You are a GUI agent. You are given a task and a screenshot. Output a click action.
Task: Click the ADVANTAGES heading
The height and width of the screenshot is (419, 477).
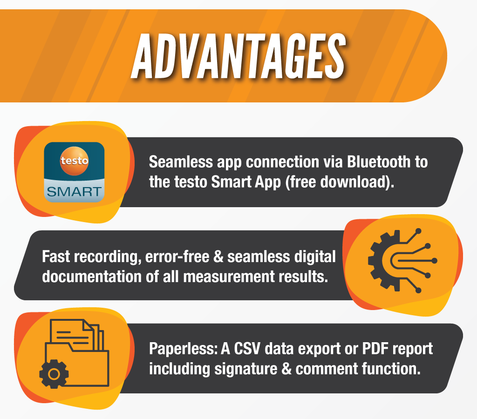239,56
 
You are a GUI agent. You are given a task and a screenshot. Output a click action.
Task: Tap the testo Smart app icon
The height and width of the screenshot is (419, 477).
74,172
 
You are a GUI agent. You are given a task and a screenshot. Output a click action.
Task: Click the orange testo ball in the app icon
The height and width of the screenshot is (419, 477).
74,161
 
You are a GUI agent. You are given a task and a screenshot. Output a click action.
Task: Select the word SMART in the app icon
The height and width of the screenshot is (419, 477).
74,192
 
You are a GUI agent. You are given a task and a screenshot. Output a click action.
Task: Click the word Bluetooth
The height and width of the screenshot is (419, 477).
379,162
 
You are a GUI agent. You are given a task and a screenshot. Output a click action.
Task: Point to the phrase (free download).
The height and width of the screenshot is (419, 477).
340,182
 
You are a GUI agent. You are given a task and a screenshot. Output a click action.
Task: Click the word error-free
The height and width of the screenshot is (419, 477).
177,257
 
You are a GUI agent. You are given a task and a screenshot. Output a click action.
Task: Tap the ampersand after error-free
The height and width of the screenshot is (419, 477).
218,257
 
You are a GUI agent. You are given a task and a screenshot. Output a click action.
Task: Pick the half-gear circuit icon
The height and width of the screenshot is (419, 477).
402,261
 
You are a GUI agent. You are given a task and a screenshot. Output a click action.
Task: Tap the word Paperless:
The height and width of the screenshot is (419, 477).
183,348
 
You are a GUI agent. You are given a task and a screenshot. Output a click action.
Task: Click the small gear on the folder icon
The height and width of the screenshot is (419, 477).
54,374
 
